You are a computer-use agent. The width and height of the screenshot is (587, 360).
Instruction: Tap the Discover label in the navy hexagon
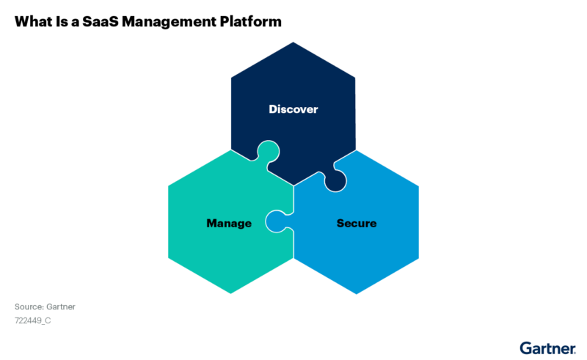point(293,109)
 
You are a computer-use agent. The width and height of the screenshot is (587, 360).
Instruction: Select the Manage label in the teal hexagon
point(229,223)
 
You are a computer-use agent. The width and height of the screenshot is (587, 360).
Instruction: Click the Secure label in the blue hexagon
point(357,223)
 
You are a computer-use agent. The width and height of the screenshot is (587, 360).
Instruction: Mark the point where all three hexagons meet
point(293,185)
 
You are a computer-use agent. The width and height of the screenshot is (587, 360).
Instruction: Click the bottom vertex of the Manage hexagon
point(230,294)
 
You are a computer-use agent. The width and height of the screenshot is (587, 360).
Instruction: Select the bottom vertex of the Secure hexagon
point(357,294)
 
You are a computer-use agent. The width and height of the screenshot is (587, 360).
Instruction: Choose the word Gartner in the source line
point(60,306)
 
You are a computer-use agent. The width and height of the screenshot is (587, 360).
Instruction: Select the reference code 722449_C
point(32,320)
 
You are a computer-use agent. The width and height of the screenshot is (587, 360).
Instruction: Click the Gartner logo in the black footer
point(546,348)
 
